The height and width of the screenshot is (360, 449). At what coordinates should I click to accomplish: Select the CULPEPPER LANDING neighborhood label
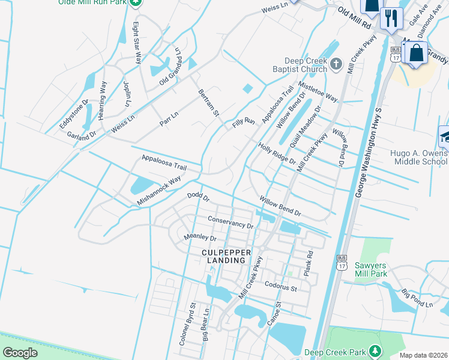pyautogui.click(x=223, y=256)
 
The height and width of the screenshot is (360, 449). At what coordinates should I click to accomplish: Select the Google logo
pyautogui.click(x=20, y=353)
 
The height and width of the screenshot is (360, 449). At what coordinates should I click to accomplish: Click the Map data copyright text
pyautogui.click(x=424, y=355)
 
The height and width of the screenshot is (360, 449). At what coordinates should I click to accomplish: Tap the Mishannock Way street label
pyautogui.click(x=158, y=191)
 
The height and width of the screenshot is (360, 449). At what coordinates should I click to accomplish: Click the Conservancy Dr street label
pyautogui.click(x=231, y=222)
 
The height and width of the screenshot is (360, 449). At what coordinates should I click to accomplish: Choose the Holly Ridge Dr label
pyautogui.click(x=277, y=153)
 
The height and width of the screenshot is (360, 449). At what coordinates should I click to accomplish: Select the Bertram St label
pyautogui.click(x=208, y=104)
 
